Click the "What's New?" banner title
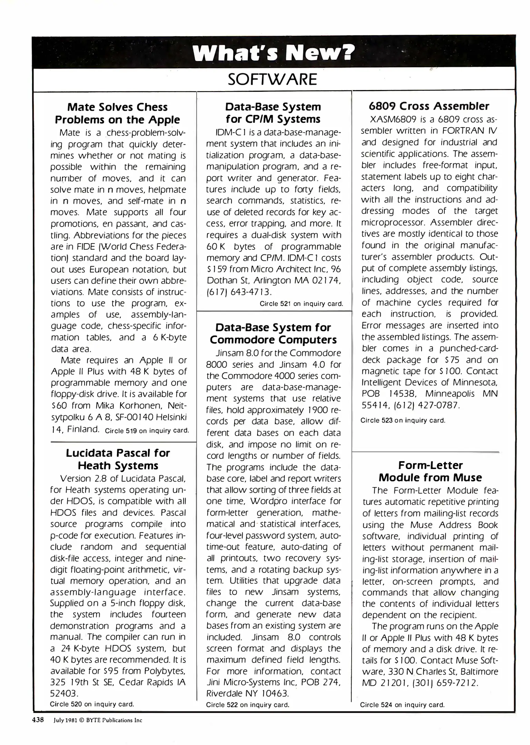pyautogui.click(x=273, y=52)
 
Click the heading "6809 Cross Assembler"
pyautogui.click(x=429, y=106)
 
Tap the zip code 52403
pyautogui.click(x=65, y=693)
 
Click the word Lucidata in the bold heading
pyautogui.click(x=90, y=453)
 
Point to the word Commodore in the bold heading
pyautogui.click(x=243, y=340)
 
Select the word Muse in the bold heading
pyautogui.click(x=468, y=478)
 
